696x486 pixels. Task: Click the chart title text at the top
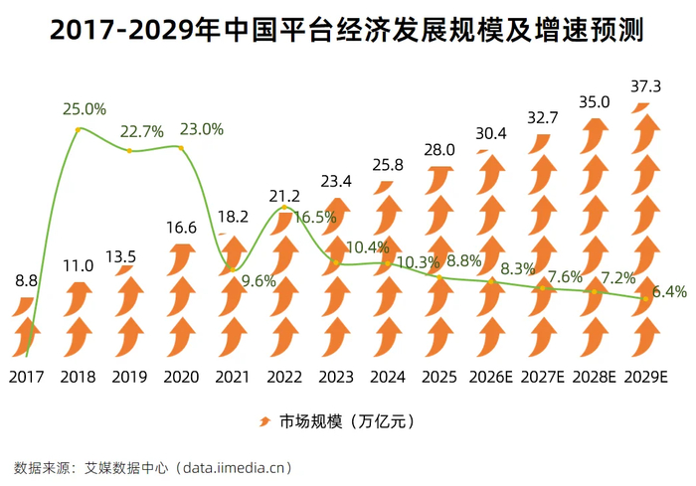[347, 30]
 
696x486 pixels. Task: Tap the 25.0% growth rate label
[85, 108]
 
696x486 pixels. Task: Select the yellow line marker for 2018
[78, 129]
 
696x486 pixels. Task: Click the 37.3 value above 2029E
[646, 86]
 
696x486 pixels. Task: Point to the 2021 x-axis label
[233, 377]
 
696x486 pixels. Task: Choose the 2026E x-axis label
[491, 377]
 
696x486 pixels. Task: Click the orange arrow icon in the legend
[264, 421]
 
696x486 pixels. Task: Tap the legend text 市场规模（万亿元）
[347, 421]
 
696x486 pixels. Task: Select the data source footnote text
[153, 468]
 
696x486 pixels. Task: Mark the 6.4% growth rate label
[669, 291]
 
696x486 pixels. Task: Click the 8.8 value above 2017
[26, 281]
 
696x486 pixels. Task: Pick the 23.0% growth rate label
[202, 129]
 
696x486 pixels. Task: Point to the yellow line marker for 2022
[284, 208]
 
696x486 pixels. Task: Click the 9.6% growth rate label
[259, 281]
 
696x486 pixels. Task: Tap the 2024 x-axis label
[388, 377]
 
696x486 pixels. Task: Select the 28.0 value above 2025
[439, 150]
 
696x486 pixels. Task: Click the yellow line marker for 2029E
[645, 299]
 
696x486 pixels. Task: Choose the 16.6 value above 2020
[181, 228]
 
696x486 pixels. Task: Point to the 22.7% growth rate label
[142, 131]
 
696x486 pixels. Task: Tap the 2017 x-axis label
[26, 377]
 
